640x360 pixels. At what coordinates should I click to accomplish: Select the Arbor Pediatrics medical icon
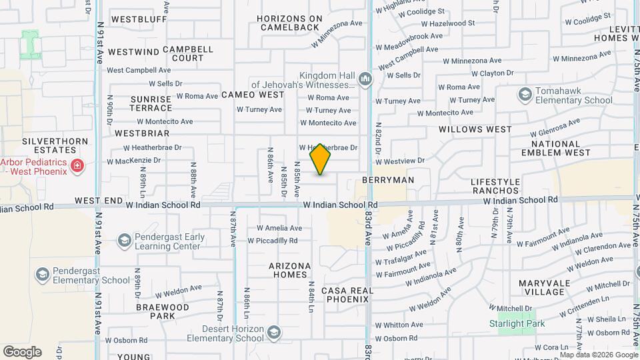pos(77,165)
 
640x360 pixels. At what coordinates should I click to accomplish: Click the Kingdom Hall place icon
pos(365,81)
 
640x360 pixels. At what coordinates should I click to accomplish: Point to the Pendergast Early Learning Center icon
pos(124,240)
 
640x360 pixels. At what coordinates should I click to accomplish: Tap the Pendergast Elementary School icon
pos(43,275)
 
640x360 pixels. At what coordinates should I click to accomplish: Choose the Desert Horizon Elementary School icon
pos(273,333)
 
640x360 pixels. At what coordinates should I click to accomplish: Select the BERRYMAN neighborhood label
pos(388,180)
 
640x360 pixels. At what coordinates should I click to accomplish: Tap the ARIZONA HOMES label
pos(289,270)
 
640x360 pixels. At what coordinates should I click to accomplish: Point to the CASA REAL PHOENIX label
pos(345,295)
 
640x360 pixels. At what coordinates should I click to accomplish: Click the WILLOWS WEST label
pos(475,129)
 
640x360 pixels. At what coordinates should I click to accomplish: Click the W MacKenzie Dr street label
pos(134,161)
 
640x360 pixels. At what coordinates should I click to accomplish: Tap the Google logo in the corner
pos(22,352)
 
